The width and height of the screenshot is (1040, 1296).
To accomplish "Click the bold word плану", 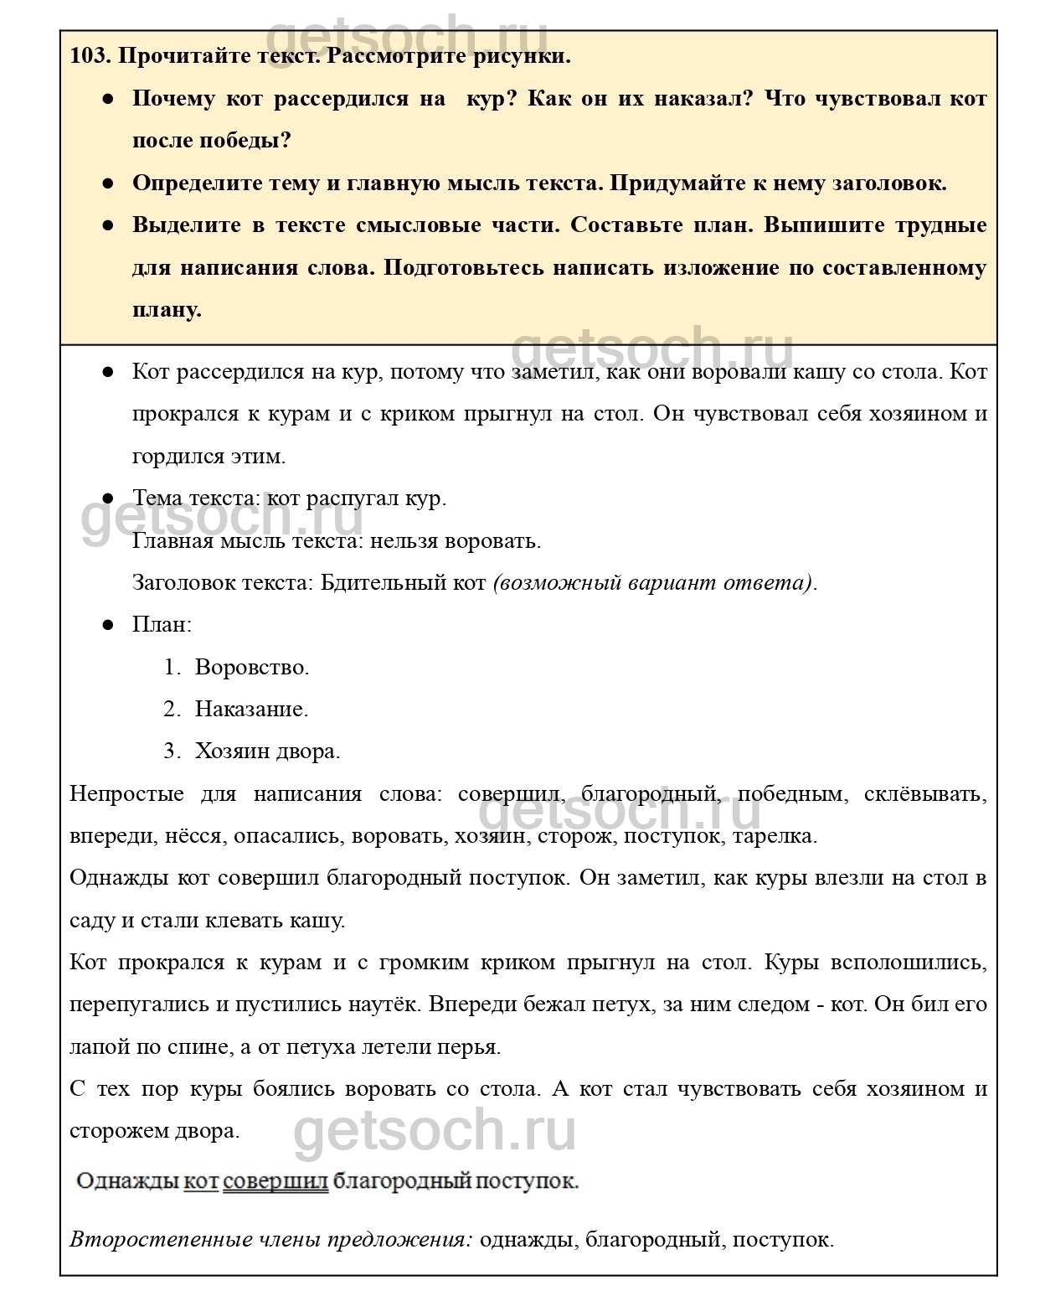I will click(x=167, y=310).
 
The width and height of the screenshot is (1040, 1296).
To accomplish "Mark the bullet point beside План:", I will click(x=107, y=625).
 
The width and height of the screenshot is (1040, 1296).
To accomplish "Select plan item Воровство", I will click(x=252, y=668).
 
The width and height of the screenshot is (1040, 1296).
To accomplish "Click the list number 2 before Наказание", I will click(x=172, y=710).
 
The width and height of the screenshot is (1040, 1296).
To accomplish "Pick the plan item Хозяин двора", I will click(x=267, y=751).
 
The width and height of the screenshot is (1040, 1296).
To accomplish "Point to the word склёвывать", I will click(x=927, y=794).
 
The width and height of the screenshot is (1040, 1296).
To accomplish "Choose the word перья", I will click(x=475, y=1047).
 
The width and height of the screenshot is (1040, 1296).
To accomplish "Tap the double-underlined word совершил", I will click(x=275, y=1182).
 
